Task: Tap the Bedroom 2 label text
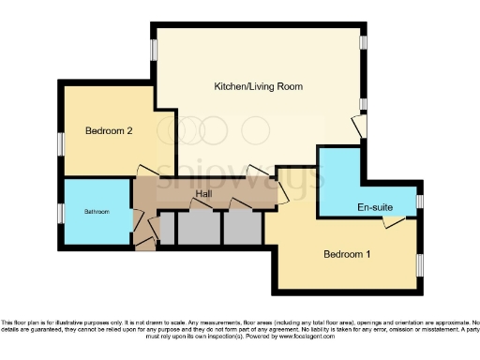(107, 131)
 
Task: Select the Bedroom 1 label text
(347, 254)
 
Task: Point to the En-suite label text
(374, 206)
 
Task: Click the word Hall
(202, 195)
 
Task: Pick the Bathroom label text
(97, 212)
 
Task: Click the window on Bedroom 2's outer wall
(60, 143)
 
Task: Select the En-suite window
(419, 201)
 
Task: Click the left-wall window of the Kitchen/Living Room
(154, 49)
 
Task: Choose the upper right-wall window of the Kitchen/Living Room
(363, 42)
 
